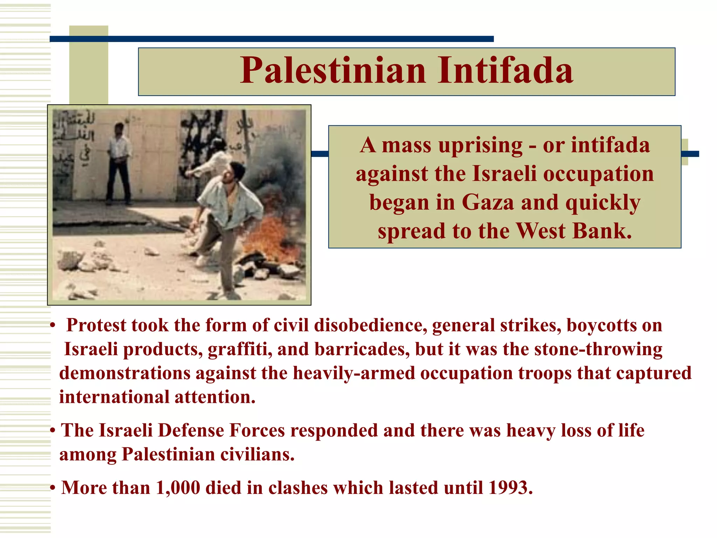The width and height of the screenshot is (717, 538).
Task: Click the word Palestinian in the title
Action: pyautogui.click(x=333, y=71)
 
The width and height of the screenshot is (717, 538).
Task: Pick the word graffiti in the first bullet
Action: pyautogui.click(x=240, y=350)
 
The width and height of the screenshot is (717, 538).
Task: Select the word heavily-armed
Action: pyautogui.click(x=354, y=373)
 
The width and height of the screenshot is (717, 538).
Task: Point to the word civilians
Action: pyautogui.click(x=257, y=455)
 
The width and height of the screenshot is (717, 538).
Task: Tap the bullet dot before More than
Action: pyautogui.click(x=53, y=488)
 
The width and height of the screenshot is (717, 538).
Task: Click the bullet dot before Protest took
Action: pyautogui.click(x=53, y=326)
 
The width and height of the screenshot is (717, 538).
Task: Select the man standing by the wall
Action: pyautogui.click(x=119, y=163)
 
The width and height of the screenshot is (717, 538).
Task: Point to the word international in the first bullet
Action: pyautogui.click(x=114, y=397)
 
